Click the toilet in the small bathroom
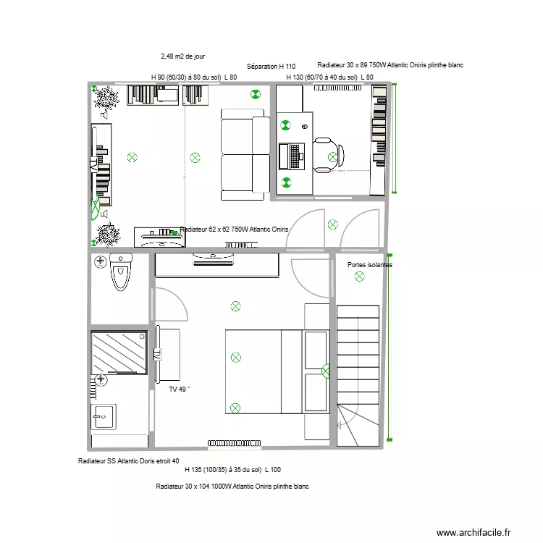(x=119, y=274)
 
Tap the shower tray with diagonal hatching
(x=119, y=354)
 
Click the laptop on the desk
(x=295, y=153)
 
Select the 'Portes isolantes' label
(x=369, y=265)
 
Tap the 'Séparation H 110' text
(x=271, y=67)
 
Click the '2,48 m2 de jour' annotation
(x=182, y=55)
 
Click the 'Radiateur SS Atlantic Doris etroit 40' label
(x=128, y=461)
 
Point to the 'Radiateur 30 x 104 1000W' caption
(x=232, y=487)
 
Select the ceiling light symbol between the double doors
(x=332, y=224)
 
